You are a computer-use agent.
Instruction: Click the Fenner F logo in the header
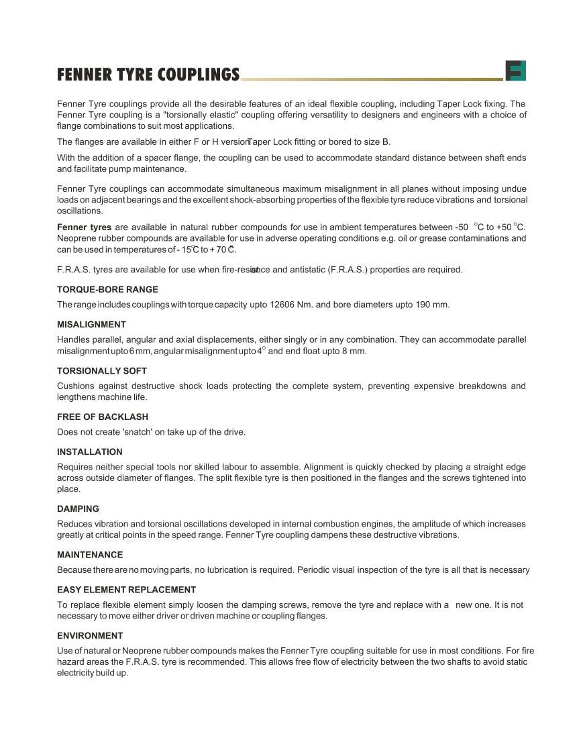(515, 70)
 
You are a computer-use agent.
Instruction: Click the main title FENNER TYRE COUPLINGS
(148, 74)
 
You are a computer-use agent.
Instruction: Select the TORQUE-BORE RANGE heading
(107, 290)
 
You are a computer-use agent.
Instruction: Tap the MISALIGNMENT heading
(91, 325)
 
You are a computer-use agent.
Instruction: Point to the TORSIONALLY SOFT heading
(102, 371)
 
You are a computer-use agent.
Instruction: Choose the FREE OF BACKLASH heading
(103, 417)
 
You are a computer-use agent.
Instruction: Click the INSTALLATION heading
(90, 452)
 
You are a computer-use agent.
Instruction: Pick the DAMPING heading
(78, 509)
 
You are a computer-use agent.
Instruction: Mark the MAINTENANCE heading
(90, 555)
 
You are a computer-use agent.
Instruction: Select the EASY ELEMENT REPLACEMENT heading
(126, 590)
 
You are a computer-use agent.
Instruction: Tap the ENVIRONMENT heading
(90, 636)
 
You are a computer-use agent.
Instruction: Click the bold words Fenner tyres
(85, 227)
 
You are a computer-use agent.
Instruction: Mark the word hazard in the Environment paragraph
(71, 662)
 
